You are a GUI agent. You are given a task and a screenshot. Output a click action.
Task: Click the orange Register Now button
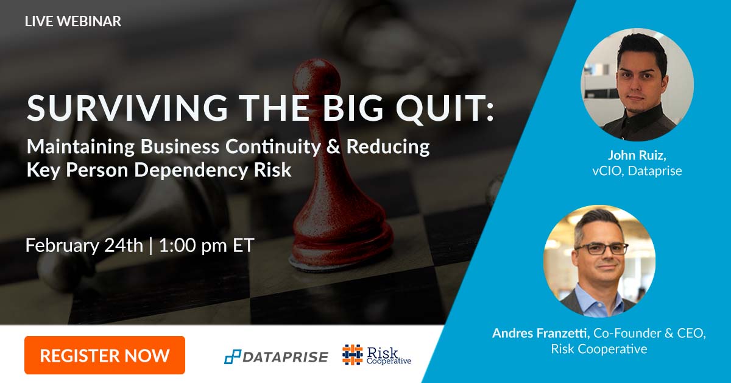(104, 355)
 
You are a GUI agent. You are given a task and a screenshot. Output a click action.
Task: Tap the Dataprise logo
(276, 357)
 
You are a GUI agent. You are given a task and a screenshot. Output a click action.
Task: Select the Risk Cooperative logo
(376, 355)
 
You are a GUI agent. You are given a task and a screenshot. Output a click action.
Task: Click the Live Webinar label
(73, 21)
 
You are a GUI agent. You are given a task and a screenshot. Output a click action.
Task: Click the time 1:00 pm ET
(206, 246)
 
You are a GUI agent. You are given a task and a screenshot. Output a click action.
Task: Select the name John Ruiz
(636, 155)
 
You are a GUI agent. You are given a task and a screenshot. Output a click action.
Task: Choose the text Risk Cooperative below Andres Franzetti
(599, 349)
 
